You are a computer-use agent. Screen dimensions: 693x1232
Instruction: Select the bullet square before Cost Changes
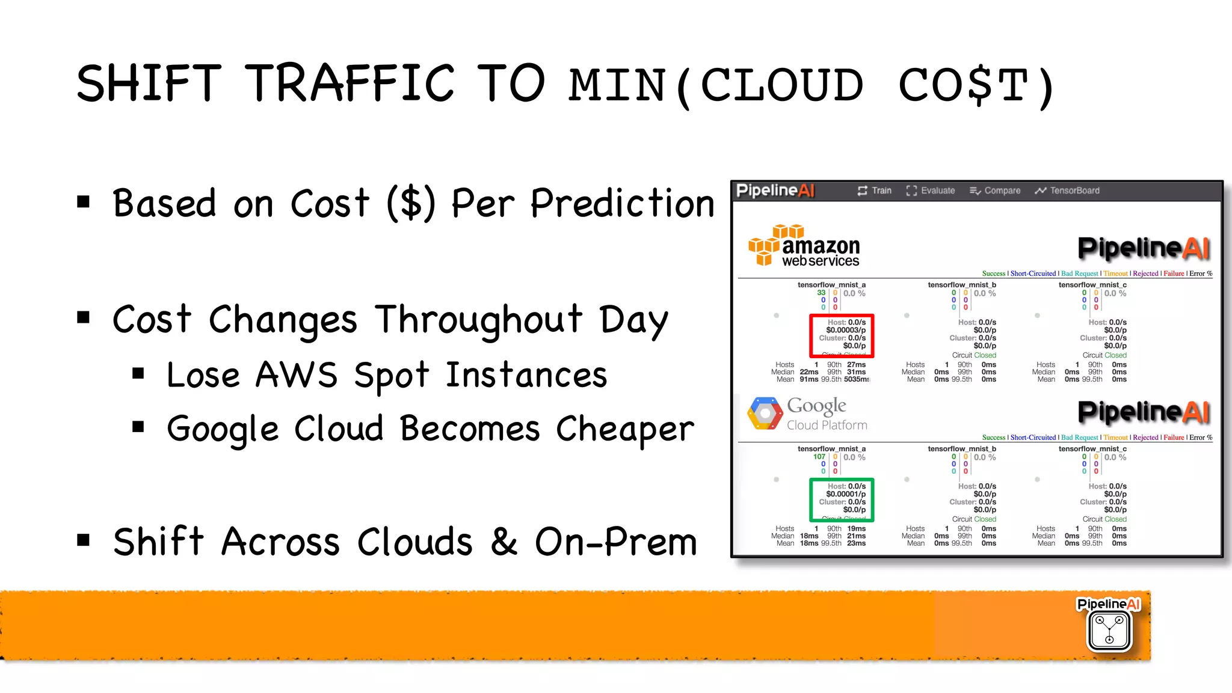(84, 317)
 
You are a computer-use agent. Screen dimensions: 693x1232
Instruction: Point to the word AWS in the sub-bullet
(296, 375)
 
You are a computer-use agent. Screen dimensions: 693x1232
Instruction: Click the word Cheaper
(624, 429)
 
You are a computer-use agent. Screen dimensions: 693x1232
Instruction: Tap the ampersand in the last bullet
(504, 541)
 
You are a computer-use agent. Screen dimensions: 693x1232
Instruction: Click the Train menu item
(875, 191)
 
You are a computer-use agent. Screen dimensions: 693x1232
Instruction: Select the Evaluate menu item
(931, 191)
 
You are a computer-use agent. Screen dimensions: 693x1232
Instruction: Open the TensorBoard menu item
(1067, 191)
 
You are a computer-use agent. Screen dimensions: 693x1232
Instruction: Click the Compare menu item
(995, 191)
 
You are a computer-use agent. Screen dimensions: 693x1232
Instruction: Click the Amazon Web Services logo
(804, 246)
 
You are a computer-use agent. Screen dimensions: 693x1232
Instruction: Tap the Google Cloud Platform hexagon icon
(765, 414)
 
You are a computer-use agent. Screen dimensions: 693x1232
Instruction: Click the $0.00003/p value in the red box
(846, 330)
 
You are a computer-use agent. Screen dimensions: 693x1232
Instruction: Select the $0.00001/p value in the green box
(846, 494)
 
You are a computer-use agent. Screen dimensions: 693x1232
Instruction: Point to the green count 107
(819, 457)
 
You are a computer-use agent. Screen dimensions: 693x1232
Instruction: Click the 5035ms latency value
(857, 379)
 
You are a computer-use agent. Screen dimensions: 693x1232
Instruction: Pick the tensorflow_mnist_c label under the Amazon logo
(1092, 285)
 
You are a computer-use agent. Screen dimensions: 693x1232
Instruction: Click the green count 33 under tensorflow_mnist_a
(821, 293)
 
